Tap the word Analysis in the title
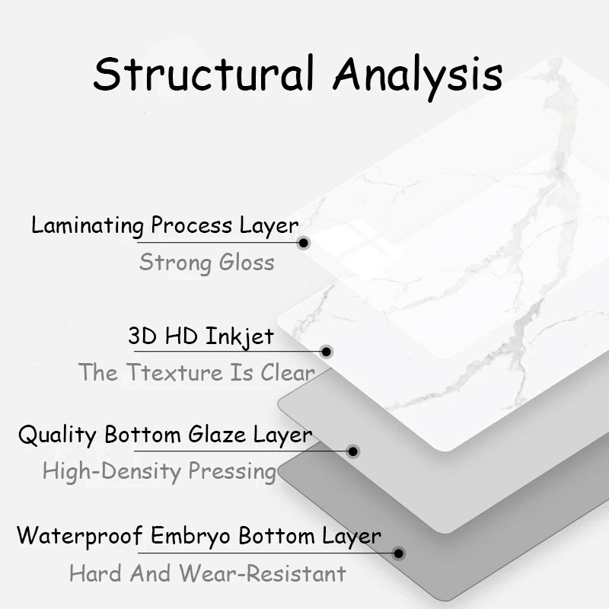(418, 75)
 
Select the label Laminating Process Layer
(164, 225)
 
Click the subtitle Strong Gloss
(206, 263)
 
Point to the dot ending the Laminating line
(304, 243)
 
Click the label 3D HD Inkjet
(201, 336)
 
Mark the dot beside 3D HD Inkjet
(327, 352)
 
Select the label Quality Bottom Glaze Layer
(165, 435)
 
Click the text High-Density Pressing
(159, 470)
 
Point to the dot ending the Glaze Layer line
(352, 451)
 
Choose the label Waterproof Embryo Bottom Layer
(199, 535)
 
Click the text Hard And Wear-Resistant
(207, 572)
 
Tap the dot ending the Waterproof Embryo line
(398, 553)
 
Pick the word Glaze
(215, 435)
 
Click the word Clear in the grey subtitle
(288, 372)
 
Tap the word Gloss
(246, 263)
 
